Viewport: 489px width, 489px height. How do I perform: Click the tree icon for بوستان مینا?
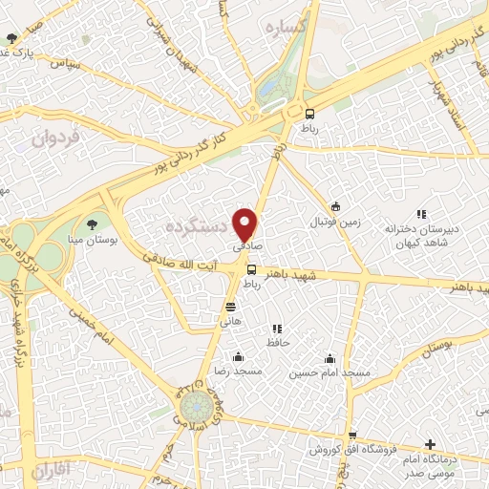click(x=92, y=224)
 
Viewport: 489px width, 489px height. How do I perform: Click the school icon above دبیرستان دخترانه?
click(x=420, y=215)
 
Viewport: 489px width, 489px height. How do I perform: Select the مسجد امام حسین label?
click(x=330, y=371)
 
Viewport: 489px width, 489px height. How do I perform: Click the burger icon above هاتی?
click(x=230, y=307)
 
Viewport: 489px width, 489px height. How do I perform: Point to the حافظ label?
click(x=278, y=341)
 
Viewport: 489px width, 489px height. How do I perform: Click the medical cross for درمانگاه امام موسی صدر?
click(x=431, y=444)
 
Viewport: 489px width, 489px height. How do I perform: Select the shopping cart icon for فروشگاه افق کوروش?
click(x=352, y=435)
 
